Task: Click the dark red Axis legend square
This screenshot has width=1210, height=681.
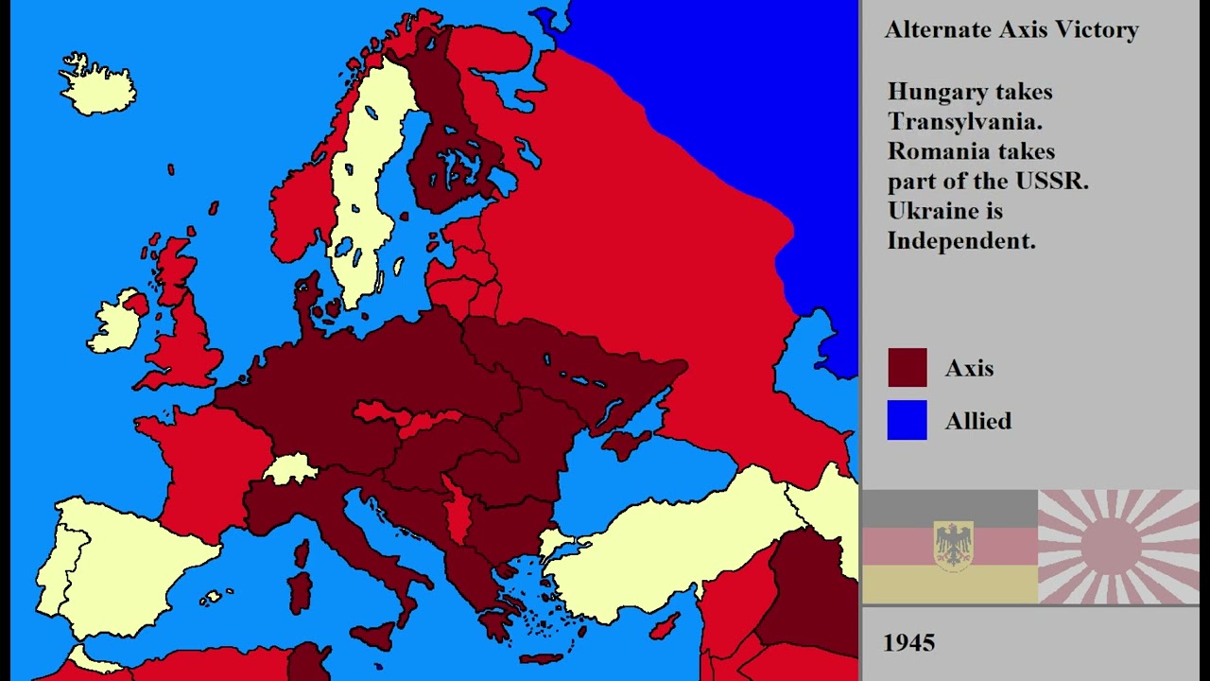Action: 907,368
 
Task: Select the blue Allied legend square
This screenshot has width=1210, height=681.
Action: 907,420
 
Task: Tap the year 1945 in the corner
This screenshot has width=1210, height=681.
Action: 908,643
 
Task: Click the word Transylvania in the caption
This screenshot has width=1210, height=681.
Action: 964,121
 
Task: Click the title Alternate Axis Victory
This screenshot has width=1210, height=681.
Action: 1011,30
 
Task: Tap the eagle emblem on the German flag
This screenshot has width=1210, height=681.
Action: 953,546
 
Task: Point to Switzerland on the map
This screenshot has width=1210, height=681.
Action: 290,468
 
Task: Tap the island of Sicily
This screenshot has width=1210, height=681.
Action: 372,635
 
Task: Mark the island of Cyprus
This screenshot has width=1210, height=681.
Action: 665,624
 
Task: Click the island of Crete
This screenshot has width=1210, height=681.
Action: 542,658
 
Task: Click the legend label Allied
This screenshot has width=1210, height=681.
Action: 977,421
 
